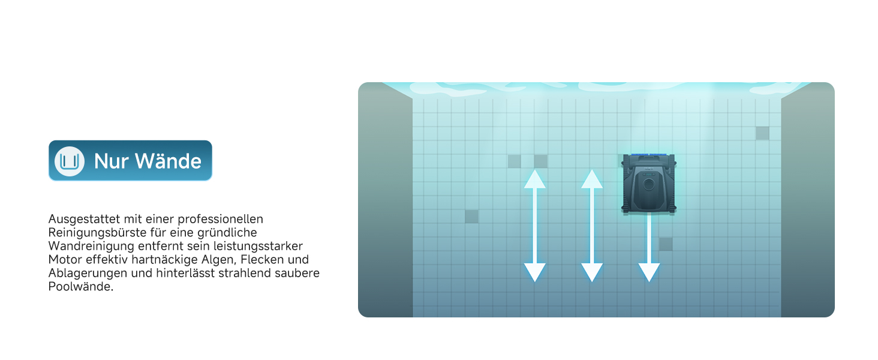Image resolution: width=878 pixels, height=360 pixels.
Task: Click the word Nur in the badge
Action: pos(112,161)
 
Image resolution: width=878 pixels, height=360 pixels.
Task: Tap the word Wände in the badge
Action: pos(169,161)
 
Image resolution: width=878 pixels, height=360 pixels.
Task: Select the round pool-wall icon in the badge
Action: pos(70,161)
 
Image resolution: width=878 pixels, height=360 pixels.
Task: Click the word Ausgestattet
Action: pos(84,219)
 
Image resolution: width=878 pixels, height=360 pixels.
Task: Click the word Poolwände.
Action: pos(81,287)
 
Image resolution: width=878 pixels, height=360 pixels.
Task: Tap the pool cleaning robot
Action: pos(649,184)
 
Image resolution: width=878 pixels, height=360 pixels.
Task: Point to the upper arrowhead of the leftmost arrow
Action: pos(534,179)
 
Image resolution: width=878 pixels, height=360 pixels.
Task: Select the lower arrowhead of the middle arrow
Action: pos(592,272)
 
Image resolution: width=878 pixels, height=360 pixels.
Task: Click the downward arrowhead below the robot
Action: pos(649,272)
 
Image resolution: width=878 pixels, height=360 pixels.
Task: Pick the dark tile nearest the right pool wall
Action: pos(762,133)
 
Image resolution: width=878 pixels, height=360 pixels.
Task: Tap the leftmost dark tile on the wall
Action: pos(471,217)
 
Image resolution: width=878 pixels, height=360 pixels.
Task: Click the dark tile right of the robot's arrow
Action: pos(666,244)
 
